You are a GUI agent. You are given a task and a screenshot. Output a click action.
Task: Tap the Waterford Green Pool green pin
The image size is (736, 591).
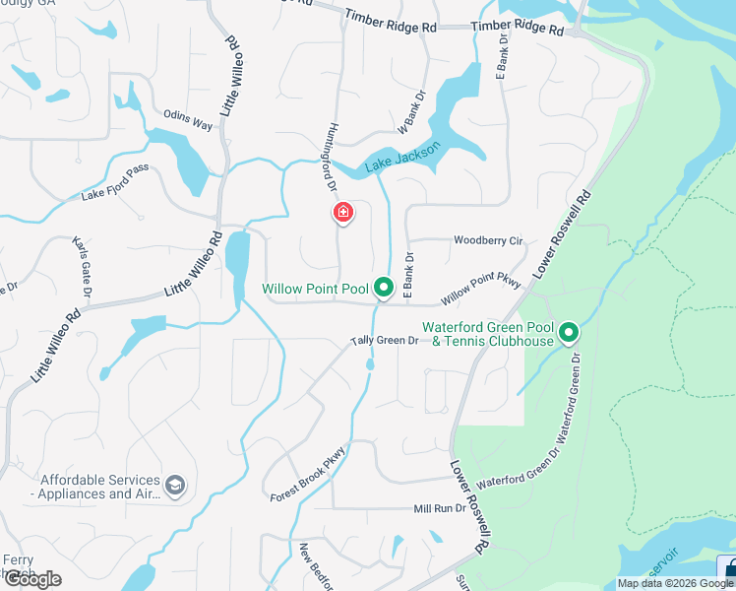[x=568, y=333]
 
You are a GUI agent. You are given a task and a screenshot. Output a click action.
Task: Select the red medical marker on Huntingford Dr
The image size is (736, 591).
[x=342, y=213]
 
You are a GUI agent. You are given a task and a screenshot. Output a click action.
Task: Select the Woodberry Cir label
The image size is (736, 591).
[x=488, y=240]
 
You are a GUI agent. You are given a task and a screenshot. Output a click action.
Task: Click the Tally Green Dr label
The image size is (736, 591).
[x=386, y=341]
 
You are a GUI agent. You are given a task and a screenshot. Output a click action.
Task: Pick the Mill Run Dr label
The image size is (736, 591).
[x=439, y=509]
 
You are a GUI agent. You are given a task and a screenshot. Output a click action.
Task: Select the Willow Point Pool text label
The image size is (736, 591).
[x=315, y=289]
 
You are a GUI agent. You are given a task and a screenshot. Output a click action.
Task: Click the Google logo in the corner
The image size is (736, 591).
[x=32, y=578]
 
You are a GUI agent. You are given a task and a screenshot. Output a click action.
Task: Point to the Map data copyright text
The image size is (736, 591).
[x=675, y=583]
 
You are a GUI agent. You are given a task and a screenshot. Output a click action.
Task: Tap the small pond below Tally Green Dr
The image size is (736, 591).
[x=370, y=364]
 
